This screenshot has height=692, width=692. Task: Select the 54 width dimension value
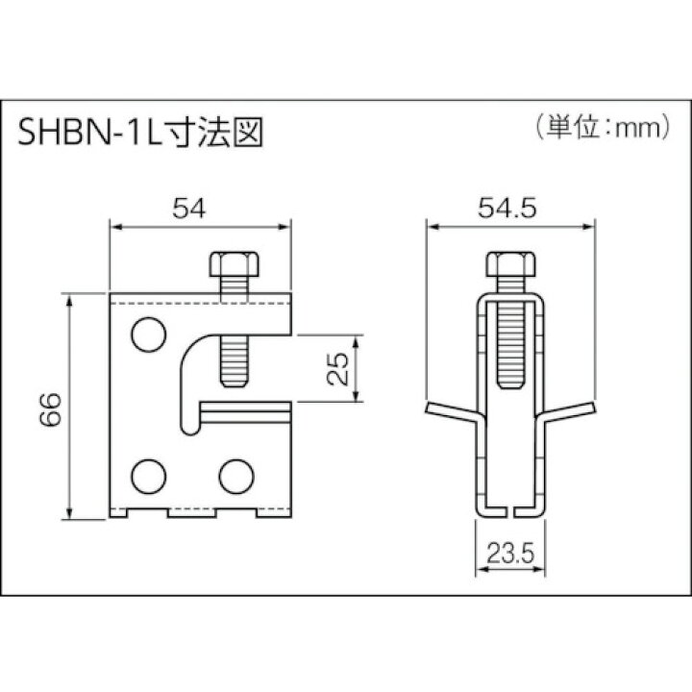click(190, 207)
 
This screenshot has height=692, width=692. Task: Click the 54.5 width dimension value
click(507, 207)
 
